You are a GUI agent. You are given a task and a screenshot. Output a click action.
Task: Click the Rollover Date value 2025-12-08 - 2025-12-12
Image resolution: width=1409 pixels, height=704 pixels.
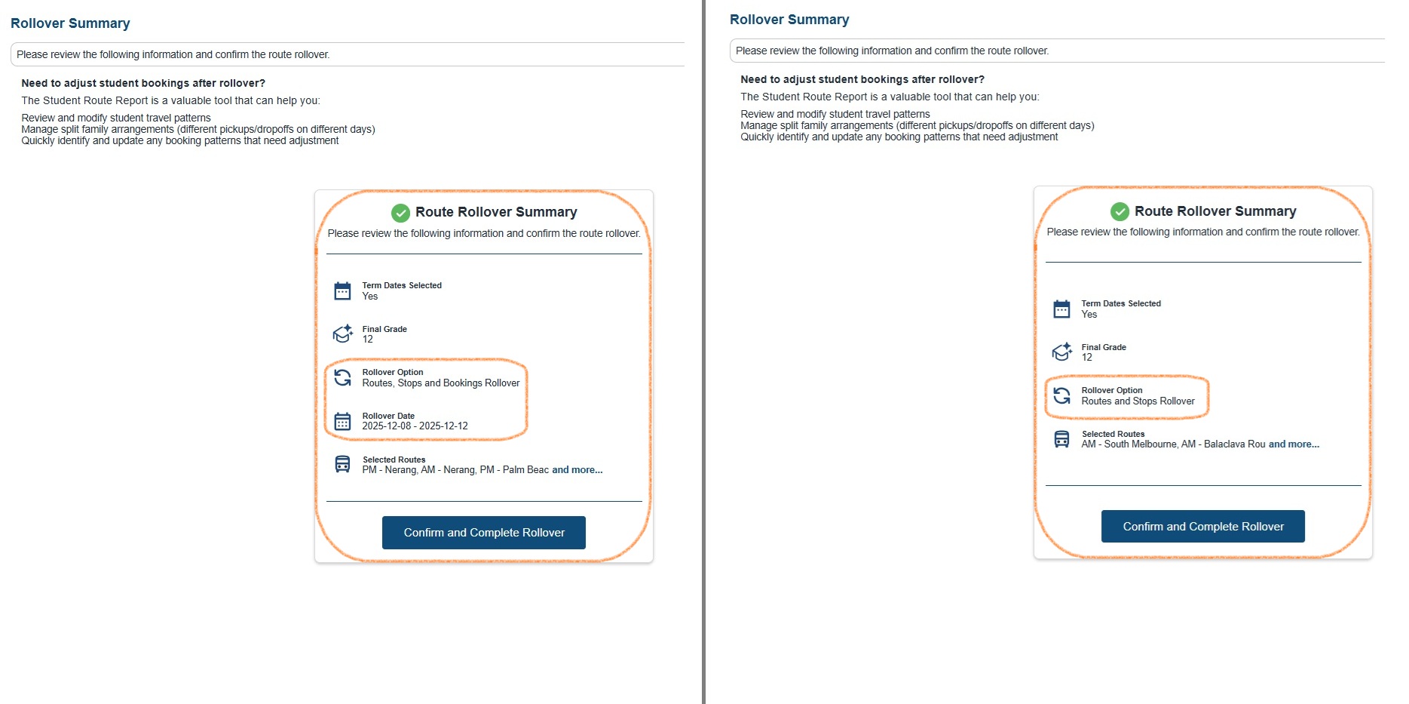(415, 426)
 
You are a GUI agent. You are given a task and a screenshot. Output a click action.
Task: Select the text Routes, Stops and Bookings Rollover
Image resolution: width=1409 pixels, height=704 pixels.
(440, 383)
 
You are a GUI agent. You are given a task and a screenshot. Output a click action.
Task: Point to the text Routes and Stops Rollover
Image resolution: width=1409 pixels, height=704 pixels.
(1138, 401)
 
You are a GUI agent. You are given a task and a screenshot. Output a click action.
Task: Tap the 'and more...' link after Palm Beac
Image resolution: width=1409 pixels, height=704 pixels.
(577, 470)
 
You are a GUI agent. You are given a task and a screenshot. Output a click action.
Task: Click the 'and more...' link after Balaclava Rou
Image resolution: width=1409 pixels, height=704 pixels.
(1294, 444)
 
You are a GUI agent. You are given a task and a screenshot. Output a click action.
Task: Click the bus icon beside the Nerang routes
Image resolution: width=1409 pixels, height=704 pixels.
(342, 464)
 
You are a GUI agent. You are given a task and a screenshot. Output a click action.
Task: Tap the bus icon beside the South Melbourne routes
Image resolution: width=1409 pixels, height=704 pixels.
(1061, 439)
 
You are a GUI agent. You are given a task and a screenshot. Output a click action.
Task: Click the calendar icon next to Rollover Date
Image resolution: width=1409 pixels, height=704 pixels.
(342, 421)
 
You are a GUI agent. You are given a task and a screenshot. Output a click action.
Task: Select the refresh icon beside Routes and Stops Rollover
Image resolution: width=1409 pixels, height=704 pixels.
(1061, 395)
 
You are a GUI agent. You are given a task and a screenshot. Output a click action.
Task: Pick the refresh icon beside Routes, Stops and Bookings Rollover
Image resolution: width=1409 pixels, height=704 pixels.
(342, 377)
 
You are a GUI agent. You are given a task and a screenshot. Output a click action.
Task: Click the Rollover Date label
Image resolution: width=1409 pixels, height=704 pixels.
(388, 416)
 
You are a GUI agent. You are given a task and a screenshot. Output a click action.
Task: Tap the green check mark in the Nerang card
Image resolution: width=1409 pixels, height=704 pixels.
(400, 213)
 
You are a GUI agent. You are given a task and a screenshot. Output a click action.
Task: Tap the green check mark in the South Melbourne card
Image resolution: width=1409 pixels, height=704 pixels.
(1120, 211)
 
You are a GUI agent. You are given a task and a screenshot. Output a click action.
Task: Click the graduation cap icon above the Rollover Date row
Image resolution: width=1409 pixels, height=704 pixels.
(342, 334)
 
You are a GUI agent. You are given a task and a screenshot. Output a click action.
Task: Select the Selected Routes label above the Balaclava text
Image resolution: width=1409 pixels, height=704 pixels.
(1113, 434)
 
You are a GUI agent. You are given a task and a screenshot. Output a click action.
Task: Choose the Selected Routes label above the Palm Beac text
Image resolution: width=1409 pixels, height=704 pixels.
(394, 460)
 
